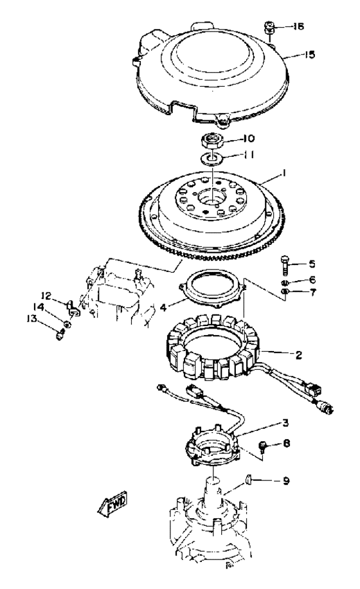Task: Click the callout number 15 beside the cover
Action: click(310, 55)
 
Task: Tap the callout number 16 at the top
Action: click(298, 26)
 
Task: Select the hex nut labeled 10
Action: click(213, 141)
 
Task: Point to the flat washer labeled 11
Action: click(212, 158)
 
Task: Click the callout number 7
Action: click(312, 292)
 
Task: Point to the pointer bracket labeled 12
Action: click(73, 308)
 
